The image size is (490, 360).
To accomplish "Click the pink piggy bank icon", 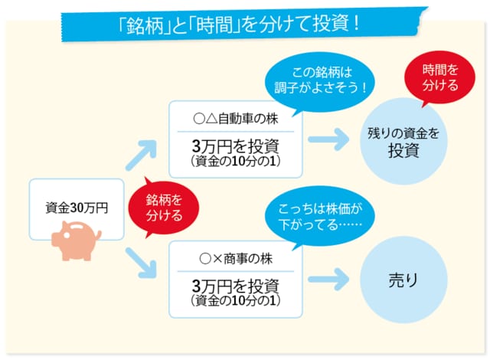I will (x=77, y=237).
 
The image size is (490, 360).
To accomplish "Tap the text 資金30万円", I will (x=77, y=207).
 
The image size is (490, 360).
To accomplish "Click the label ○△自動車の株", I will (x=235, y=119).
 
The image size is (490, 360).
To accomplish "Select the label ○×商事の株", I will (x=235, y=258).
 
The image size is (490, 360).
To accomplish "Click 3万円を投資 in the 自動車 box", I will (x=235, y=146).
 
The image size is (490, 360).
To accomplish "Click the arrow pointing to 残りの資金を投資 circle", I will (x=330, y=141).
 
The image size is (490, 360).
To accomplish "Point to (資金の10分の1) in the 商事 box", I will (x=235, y=301).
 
